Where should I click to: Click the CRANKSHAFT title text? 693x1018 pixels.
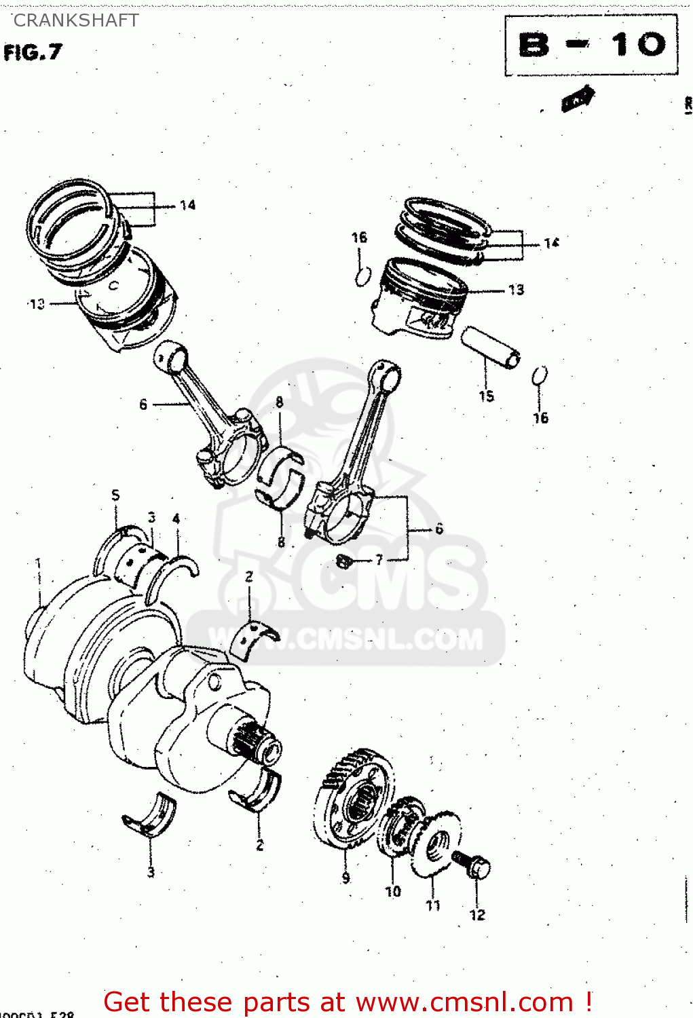click(76, 20)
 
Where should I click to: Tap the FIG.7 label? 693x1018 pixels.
click(33, 52)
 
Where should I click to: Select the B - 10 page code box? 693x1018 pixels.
click(591, 45)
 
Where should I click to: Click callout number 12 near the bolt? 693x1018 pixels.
click(478, 915)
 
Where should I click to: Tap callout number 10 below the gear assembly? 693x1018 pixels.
click(393, 892)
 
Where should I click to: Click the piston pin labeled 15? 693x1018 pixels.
click(491, 346)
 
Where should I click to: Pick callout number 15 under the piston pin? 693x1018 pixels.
click(487, 396)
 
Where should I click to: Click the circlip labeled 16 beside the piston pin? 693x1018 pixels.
click(540, 375)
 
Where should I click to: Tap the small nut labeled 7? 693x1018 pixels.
click(344, 561)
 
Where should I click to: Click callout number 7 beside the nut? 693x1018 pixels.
click(379, 559)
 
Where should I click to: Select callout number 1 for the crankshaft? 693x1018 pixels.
click(38, 563)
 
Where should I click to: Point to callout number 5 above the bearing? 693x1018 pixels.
click(115, 495)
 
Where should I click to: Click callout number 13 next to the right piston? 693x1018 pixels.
click(516, 290)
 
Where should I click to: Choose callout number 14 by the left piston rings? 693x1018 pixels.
click(187, 205)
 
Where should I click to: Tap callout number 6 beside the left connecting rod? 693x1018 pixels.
click(143, 404)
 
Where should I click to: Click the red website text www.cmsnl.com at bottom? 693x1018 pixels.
click(464, 1002)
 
